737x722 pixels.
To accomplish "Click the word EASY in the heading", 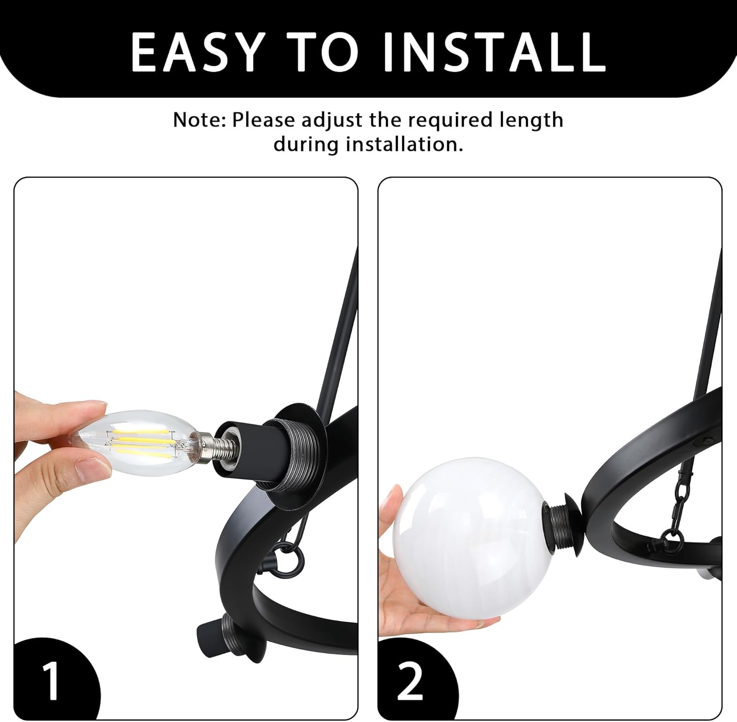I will click(x=197, y=52).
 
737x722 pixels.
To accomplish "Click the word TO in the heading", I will click(x=326, y=52).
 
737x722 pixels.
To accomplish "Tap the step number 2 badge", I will click(x=410, y=681).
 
